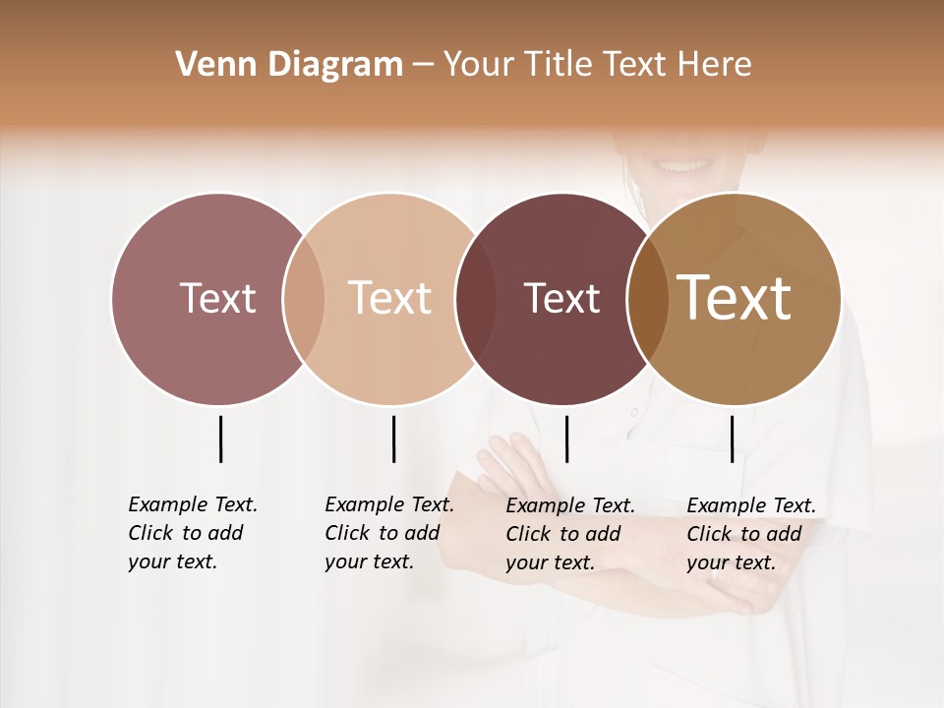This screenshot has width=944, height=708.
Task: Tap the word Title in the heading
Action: [x=558, y=65]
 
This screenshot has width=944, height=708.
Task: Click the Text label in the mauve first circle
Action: [x=217, y=298]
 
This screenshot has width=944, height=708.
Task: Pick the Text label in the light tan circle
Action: [x=390, y=298]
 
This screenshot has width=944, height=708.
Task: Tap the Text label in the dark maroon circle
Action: [x=561, y=298]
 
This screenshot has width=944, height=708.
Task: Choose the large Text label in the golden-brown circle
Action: [x=735, y=298]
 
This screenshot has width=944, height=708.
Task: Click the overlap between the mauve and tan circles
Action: [x=304, y=298]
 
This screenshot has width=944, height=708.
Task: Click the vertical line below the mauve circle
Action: [x=220, y=439]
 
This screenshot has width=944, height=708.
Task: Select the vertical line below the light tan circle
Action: [x=393, y=439]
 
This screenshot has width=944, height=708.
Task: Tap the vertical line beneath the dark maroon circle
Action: [x=566, y=439]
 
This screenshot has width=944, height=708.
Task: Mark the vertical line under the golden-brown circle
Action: [x=732, y=439]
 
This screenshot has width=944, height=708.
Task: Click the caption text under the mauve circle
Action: [x=193, y=533]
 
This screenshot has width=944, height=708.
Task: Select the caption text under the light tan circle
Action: [x=389, y=533]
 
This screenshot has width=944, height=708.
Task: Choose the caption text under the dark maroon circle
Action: [x=570, y=534]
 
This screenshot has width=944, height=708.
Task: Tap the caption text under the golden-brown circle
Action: [x=751, y=534]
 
